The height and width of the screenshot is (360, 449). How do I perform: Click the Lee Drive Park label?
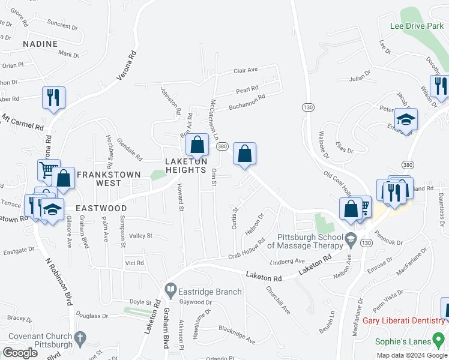[x=416, y=26]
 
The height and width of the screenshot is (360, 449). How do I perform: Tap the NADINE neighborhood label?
[x=40, y=44]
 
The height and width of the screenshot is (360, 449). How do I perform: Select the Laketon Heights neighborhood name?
[x=186, y=166]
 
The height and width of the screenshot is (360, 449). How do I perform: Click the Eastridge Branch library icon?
[x=170, y=292]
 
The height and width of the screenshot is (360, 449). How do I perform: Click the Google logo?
[x=20, y=352]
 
